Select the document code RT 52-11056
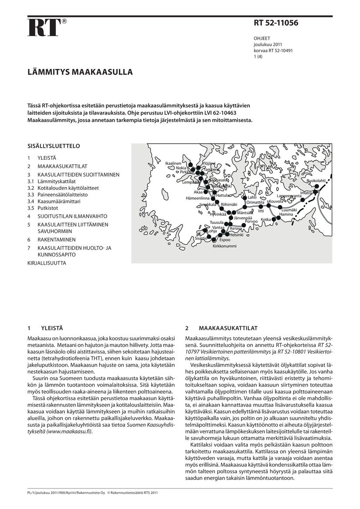(276, 24)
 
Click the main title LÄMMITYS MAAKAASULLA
(80, 72)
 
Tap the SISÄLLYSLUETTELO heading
(53, 146)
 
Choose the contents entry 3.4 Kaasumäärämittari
(59, 202)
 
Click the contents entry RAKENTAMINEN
(56, 239)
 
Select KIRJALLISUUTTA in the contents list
(47, 263)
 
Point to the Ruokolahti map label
(316, 181)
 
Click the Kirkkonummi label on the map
(224, 246)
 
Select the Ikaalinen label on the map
(173, 163)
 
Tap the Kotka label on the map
(266, 219)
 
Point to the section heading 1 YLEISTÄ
(45, 328)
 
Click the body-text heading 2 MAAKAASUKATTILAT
(221, 328)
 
